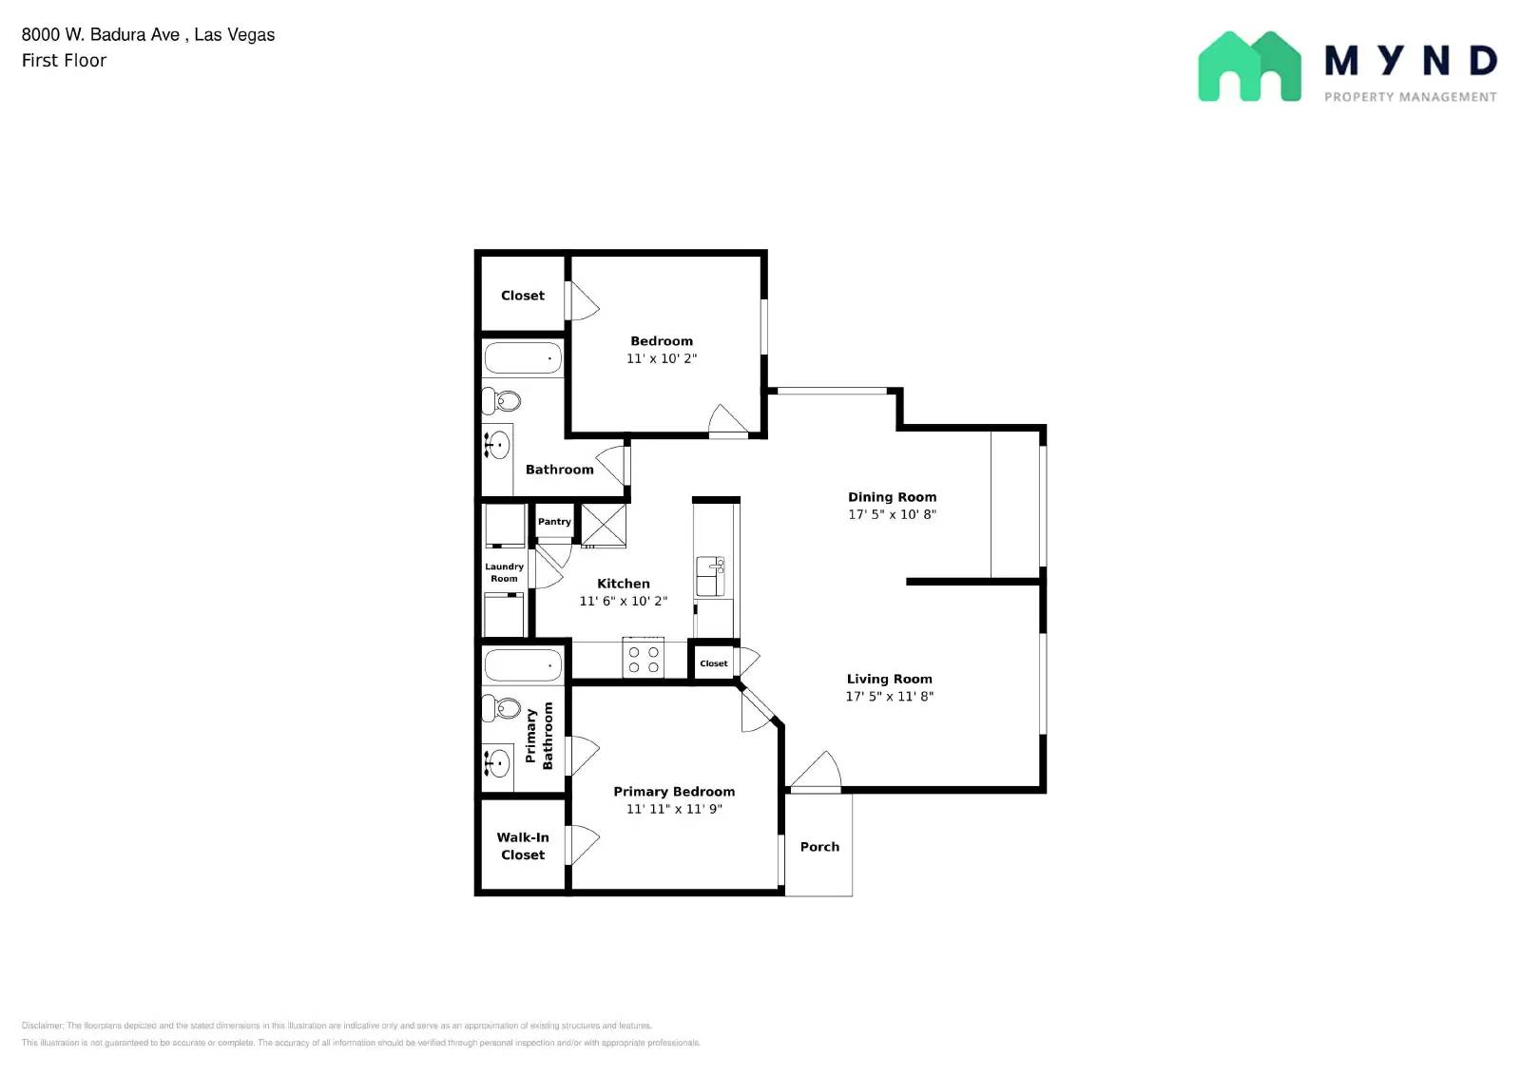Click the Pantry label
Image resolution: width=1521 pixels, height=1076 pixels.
[554, 522]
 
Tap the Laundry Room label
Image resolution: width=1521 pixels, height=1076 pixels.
[504, 572]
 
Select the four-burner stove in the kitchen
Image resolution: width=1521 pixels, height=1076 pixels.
[643, 657]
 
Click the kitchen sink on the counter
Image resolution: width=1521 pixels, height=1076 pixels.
[710, 576]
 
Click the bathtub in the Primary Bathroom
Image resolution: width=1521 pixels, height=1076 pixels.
[522, 665]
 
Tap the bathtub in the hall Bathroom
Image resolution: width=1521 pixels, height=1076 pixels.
[522, 357]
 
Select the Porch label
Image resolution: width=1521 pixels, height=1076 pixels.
[819, 847]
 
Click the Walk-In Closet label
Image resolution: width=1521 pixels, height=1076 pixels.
[523, 846]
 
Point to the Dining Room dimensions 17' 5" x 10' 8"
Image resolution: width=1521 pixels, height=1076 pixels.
[893, 514]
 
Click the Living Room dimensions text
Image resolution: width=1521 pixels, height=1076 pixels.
[890, 696]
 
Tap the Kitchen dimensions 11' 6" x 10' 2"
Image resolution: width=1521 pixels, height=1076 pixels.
[624, 601]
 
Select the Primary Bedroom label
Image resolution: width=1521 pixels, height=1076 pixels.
[674, 792]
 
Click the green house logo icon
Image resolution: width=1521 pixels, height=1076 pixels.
[1249, 67]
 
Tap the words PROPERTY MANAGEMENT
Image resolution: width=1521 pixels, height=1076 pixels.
[1411, 97]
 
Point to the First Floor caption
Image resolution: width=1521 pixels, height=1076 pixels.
[64, 61]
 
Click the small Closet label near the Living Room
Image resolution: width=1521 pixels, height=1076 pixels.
[714, 663]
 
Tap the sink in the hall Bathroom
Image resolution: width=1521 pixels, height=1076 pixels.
[497, 445]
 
